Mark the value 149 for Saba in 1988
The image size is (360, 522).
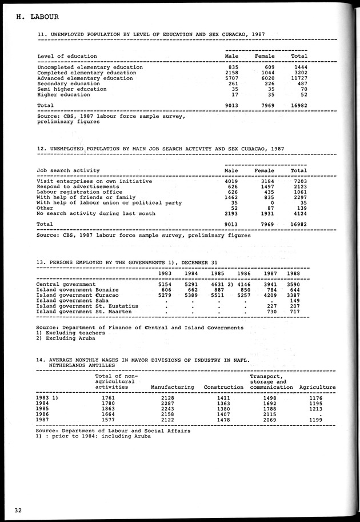tap(294, 300)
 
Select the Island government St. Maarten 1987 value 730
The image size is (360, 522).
tap(271, 311)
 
